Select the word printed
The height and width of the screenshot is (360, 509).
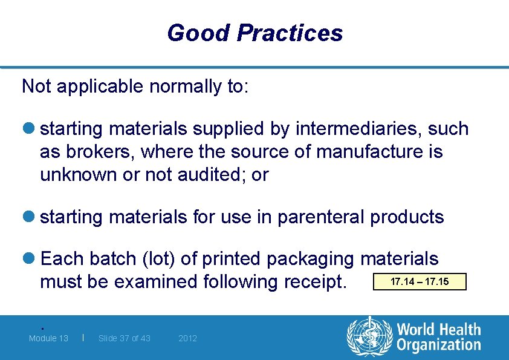tap(232, 259)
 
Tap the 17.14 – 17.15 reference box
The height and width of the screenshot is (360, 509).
tap(420, 282)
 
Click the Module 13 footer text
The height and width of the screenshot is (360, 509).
tap(48, 338)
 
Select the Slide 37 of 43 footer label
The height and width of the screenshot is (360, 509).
tap(125, 338)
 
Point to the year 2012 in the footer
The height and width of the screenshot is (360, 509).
tap(187, 338)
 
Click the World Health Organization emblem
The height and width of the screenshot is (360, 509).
tap(369, 337)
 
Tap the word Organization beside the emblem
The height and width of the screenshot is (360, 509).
tap(438, 345)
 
